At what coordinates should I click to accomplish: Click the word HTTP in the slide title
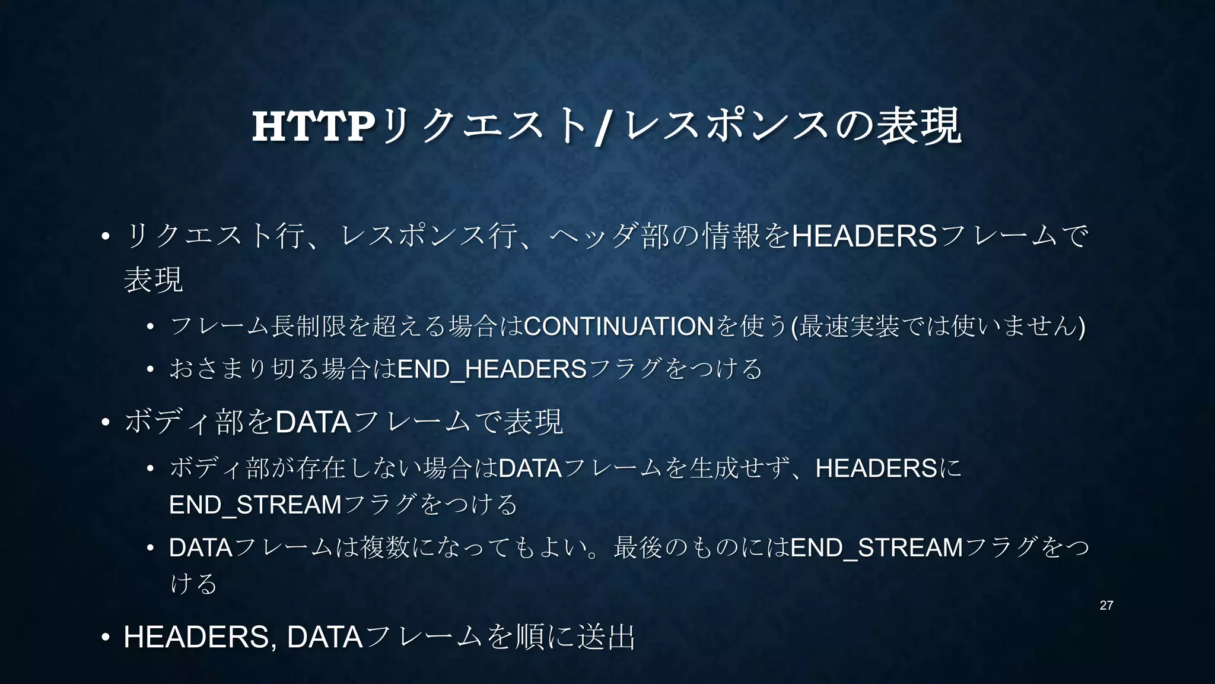(x=314, y=126)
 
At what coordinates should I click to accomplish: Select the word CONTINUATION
(x=619, y=327)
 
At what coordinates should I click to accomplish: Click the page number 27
(x=1106, y=606)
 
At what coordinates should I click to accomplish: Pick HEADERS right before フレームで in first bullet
(x=864, y=236)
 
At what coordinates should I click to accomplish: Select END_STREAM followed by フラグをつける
(x=256, y=505)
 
